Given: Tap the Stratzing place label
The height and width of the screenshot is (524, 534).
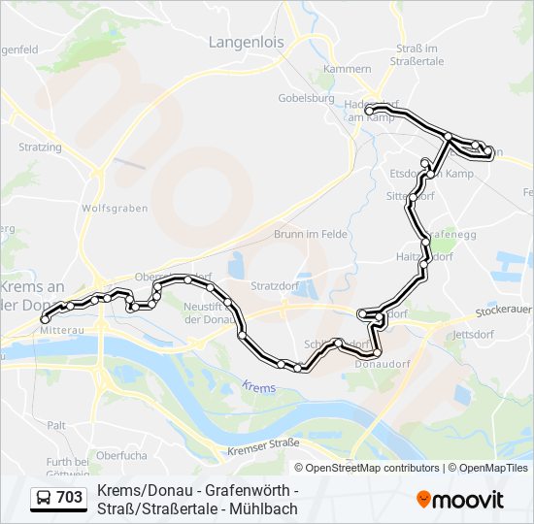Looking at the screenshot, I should click(x=40, y=147).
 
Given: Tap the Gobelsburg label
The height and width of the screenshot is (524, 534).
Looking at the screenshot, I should click(x=306, y=98).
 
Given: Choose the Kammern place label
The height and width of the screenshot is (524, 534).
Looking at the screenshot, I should click(x=349, y=69).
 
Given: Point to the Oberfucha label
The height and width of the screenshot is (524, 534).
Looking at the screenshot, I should click(x=121, y=454).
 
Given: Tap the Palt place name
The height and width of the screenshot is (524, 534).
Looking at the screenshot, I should click(x=56, y=425).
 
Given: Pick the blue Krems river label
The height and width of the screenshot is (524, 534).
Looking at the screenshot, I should click(x=260, y=387).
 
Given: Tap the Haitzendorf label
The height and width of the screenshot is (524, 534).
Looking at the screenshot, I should click(x=425, y=257).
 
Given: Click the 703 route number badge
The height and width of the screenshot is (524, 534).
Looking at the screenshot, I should click(x=58, y=498).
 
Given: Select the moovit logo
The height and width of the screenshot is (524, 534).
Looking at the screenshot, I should click(x=460, y=500).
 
